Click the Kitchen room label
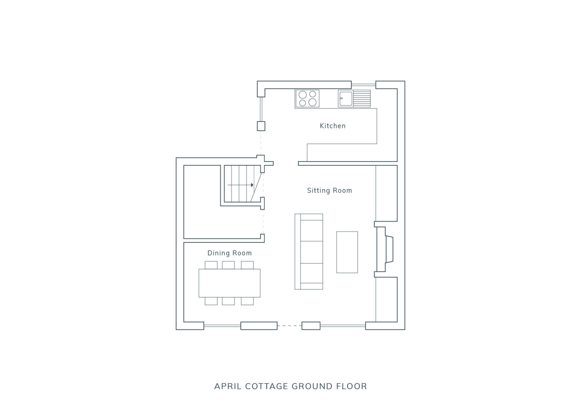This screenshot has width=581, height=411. [x=333, y=126]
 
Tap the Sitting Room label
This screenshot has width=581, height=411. [x=329, y=190]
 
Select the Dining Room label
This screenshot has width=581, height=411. [x=229, y=253]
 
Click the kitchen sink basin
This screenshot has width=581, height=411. [x=346, y=98]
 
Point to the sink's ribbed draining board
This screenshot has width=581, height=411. [x=362, y=98]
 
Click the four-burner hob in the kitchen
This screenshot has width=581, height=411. [x=307, y=98]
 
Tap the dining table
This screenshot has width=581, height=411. [x=229, y=283]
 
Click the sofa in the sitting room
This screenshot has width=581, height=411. [x=309, y=252]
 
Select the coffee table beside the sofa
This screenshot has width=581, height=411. [x=347, y=252]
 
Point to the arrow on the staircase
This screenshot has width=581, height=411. [x=240, y=185]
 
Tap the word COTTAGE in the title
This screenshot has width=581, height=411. [x=267, y=386]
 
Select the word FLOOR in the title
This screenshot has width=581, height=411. [x=352, y=386]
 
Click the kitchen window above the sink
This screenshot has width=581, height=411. [x=363, y=85]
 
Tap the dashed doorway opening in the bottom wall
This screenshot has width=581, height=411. [x=289, y=326]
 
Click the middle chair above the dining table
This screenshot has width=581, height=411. [x=228, y=265]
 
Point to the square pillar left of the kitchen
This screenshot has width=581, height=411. [x=261, y=126]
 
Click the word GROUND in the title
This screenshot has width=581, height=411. [x=312, y=386]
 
